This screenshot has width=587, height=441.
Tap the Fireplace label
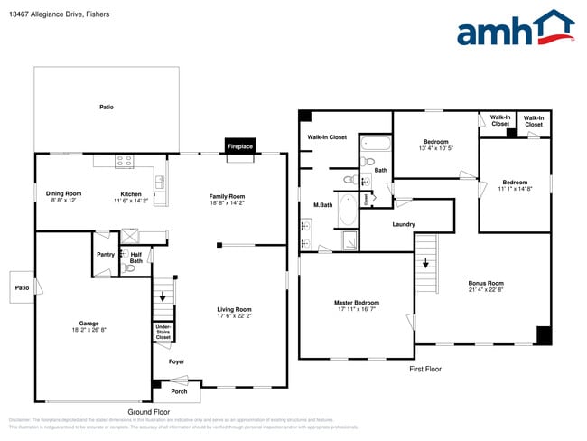[240, 145]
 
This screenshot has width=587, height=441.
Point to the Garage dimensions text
[89, 331]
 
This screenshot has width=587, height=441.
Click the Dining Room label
[64, 193]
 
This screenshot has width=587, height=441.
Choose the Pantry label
[106, 255]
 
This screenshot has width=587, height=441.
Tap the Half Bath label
[135, 258]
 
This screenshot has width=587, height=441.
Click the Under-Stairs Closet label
[163, 332]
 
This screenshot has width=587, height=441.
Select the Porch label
[179, 391]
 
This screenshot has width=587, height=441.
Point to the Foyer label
[176, 361]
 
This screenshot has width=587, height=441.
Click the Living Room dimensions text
[234, 316]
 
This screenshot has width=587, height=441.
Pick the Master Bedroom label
[356, 303]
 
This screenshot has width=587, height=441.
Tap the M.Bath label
[323, 205]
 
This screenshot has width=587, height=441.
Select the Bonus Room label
[486, 283]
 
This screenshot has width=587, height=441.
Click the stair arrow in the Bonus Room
[425, 263]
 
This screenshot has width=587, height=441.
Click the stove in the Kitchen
[124, 162]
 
